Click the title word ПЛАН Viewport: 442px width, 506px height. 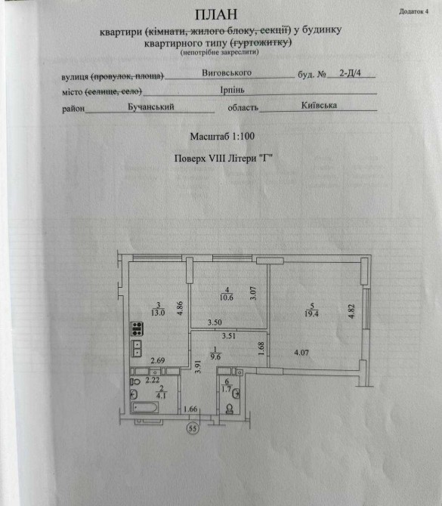click(216, 14)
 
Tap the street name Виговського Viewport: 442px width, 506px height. click(227, 73)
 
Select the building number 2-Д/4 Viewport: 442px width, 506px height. click(350, 73)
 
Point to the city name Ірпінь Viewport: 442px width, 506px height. click(232, 90)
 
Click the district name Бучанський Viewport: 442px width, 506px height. click(151, 106)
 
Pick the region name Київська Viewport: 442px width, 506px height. click(319, 105)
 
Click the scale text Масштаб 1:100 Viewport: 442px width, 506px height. click(222, 137)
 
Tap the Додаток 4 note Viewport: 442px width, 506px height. click(413, 11)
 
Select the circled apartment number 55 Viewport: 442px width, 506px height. click(193, 428)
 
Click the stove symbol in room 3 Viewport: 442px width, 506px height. click(137, 329)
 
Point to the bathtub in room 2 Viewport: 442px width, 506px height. click(144, 407)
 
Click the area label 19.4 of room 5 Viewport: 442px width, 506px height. click(311, 313)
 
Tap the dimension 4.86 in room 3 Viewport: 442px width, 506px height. click(180, 308)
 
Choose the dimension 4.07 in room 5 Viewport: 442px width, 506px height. click(301, 353)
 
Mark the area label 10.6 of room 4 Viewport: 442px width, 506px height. click(227, 298)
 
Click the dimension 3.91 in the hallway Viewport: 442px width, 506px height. click(198, 367)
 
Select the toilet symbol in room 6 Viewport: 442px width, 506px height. click(230, 409)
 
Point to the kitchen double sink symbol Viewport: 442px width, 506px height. click(137, 348)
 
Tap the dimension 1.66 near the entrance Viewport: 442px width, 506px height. click(190, 409)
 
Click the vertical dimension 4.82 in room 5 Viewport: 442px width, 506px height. click(351, 311)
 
